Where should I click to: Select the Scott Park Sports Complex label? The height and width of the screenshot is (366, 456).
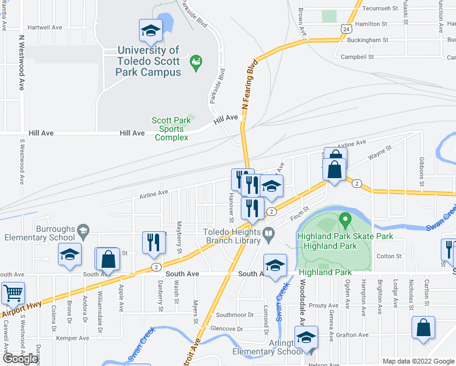(168, 129)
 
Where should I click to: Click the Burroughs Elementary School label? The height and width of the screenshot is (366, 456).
(38, 233)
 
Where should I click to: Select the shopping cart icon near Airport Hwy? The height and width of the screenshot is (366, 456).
(12, 294)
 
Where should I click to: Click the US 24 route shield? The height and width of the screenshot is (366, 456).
(346, 29)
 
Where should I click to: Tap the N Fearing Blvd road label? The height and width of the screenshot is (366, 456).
(249, 85)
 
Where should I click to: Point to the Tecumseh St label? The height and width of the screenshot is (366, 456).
(380, 9)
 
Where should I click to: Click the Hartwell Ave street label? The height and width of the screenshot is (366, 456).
(45, 27)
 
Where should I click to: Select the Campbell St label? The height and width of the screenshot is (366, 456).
(357, 57)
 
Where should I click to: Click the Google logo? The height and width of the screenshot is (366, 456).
(21, 358)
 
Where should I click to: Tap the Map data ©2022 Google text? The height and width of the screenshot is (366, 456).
(418, 361)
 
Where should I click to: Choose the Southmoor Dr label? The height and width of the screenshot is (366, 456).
(235, 315)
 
